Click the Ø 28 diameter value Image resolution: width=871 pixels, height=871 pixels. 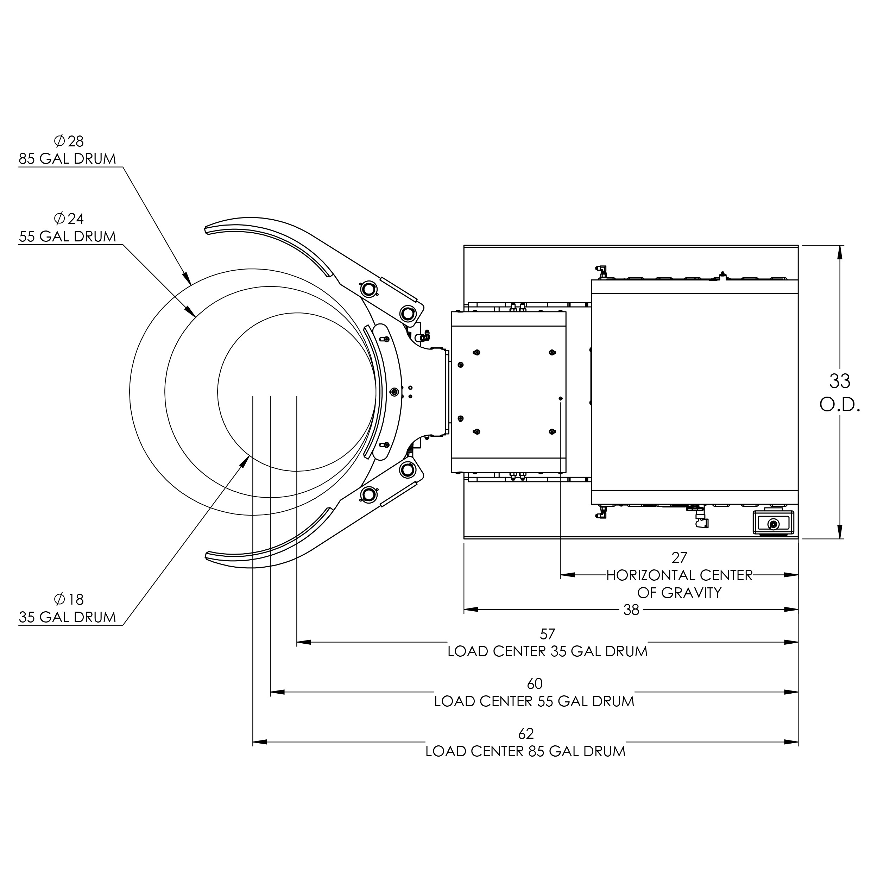pos(69,141)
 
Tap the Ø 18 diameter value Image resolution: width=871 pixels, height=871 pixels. pos(69,600)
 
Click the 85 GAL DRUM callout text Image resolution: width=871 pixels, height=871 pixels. pos(68,159)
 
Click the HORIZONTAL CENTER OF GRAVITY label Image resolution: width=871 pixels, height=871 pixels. pos(679,584)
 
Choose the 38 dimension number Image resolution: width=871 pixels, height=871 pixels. pos(631,610)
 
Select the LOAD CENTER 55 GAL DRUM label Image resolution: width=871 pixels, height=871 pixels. pos(534,701)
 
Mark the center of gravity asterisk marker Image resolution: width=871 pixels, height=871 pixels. pos(560,398)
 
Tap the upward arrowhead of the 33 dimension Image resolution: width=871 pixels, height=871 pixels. pos(839,252)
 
